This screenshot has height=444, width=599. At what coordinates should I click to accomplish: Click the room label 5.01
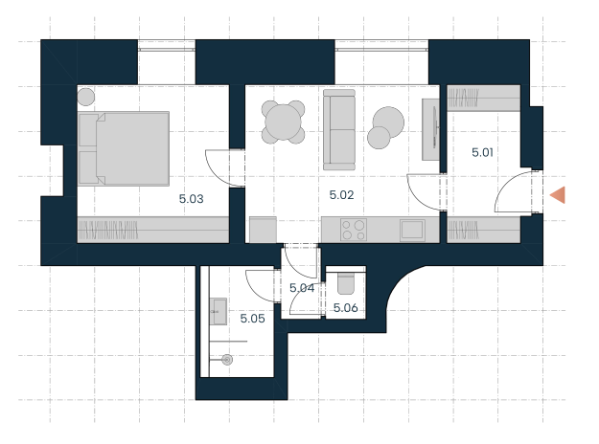[x=482, y=152]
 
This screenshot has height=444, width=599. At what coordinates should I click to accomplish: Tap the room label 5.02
[x=341, y=195]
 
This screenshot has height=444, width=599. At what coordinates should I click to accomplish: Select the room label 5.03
[x=191, y=199]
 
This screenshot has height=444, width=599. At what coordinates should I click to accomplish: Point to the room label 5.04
[x=302, y=288]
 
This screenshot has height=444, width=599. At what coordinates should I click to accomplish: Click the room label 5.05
[x=252, y=319]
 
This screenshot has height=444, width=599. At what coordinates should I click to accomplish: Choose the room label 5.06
[x=346, y=308]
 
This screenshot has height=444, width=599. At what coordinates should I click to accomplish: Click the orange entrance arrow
[x=558, y=195]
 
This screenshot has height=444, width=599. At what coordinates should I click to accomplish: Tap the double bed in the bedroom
[x=124, y=148]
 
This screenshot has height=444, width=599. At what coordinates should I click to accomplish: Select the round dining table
[x=283, y=122]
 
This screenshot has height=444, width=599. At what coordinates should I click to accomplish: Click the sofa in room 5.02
[x=339, y=130]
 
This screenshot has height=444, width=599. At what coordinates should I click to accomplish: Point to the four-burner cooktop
[x=354, y=230]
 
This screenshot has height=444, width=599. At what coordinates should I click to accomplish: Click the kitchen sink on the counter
[x=412, y=230]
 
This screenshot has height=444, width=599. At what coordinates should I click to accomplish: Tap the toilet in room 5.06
[x=346, y=284]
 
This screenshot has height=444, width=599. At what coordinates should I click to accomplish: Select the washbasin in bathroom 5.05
[x=219, y=312]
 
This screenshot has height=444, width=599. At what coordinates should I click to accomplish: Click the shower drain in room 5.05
[x=227, y=360]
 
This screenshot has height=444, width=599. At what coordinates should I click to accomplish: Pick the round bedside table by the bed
[x=86, y=97]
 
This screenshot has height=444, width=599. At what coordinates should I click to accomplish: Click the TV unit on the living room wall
[x=430, y=129]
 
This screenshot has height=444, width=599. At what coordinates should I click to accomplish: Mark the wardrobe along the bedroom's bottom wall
[x=153, y=230]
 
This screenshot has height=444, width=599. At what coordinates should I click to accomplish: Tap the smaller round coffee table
[x=379, y=138]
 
